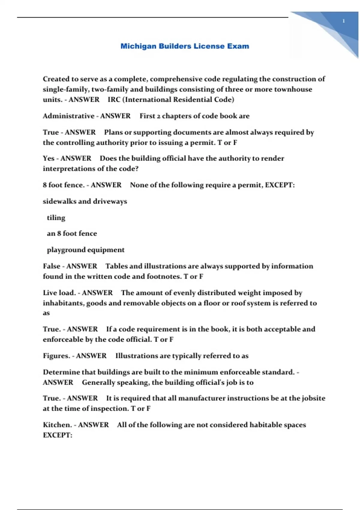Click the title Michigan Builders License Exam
coord(185,46)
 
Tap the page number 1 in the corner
coord(343,21)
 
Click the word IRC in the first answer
coord(114,100)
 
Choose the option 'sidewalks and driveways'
coord(85,201)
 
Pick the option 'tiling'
coord(56,218)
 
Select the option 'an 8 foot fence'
coord(72,234)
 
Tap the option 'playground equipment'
coord(85,250)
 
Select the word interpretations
coord(68,169)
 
